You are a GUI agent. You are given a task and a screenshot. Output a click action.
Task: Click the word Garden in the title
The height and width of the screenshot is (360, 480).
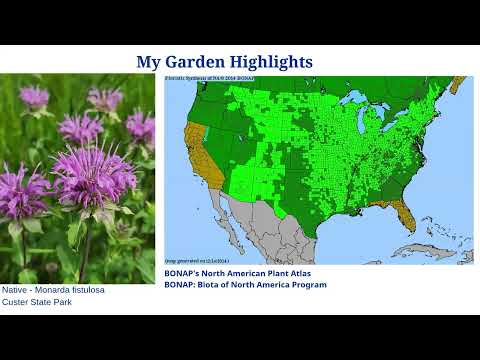(192, 62)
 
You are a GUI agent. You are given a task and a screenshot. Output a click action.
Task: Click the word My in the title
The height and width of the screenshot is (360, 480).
(147, 62)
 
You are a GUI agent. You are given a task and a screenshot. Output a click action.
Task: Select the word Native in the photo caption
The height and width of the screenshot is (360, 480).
(15, 290)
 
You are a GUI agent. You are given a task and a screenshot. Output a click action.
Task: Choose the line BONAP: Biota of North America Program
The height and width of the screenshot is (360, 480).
(245, 284)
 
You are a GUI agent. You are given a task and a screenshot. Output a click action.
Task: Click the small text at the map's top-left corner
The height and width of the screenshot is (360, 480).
(204, 77)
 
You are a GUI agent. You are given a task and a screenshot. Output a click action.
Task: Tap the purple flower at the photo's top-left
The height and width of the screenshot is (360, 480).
(34, 97)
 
